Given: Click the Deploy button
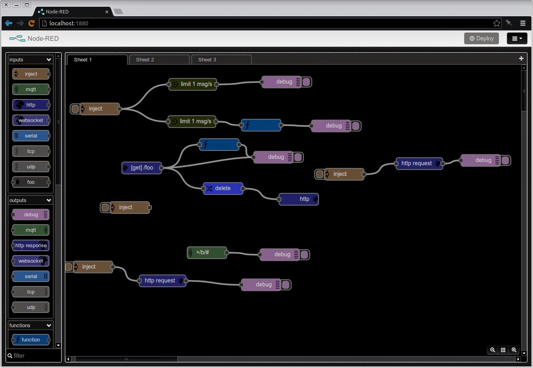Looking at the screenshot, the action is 481,38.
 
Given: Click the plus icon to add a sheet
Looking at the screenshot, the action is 521,58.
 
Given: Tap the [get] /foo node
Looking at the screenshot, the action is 142,168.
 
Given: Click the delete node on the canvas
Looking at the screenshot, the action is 223,189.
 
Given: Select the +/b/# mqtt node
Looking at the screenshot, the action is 207,252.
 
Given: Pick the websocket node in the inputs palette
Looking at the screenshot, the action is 31,120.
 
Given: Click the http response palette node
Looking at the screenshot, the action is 31,245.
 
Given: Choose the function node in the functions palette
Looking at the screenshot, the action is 31,339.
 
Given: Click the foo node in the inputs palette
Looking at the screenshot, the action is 31,182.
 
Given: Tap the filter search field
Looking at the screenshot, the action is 33,356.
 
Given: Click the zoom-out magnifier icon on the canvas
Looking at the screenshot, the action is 492,350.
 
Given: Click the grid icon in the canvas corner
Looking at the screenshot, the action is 503,350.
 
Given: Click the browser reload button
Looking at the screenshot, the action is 31,23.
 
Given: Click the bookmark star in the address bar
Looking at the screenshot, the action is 497,23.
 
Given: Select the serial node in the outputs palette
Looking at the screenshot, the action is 31,276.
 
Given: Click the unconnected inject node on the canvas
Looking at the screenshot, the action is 126,208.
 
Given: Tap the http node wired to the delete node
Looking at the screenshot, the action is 299,199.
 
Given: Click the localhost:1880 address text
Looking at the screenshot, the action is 69,23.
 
